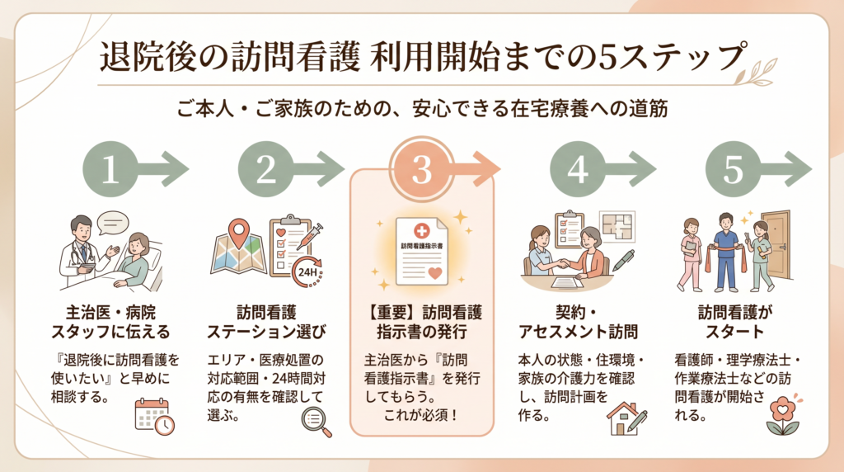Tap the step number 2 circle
266,170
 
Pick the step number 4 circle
578,170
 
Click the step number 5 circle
733,170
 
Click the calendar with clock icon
154,417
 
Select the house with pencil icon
626,418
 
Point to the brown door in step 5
775,243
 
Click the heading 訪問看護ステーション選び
266,323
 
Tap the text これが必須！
421,411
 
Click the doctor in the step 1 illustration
82,248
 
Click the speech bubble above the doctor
114,222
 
